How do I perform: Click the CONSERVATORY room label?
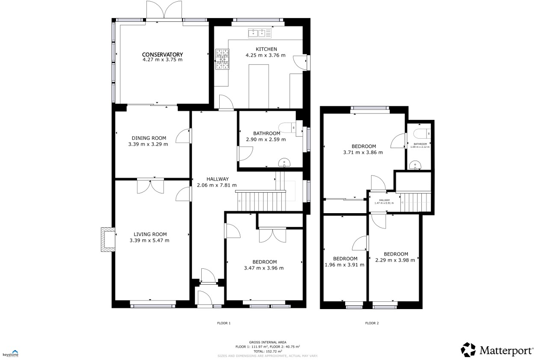point(162,54)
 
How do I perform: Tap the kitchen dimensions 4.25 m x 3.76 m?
point(265,55)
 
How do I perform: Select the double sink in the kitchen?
point(259,33)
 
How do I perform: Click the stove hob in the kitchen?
point(222,59)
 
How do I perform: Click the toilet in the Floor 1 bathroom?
point(287,127)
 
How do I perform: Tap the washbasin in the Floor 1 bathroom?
point(284,162)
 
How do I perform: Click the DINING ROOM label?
point(149,138)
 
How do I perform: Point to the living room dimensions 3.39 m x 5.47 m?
point(149,241)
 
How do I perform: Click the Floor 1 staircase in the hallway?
point(260,201)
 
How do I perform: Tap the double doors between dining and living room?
point(150,187)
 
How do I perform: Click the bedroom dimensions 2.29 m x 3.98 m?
point(395,260)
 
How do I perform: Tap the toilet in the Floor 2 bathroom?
point(421,133)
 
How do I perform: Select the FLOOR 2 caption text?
point(372,323)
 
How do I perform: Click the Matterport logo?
point(497,350)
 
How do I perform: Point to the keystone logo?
point(11,353)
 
